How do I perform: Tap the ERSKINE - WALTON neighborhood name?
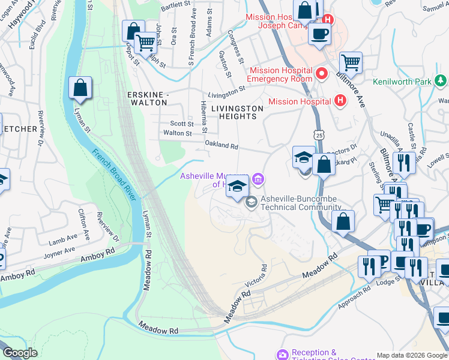(147, 98)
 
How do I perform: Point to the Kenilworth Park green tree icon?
(441, 81)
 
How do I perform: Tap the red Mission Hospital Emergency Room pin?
(322, 74)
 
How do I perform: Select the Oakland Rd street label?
(221, 146)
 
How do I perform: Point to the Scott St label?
(181, 124)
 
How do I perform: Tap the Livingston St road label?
(227, 91)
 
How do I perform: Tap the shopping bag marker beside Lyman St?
(80, 88)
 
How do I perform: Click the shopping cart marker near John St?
(145, 43)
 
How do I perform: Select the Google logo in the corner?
(20, 353)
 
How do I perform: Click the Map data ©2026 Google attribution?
(411, 355)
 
